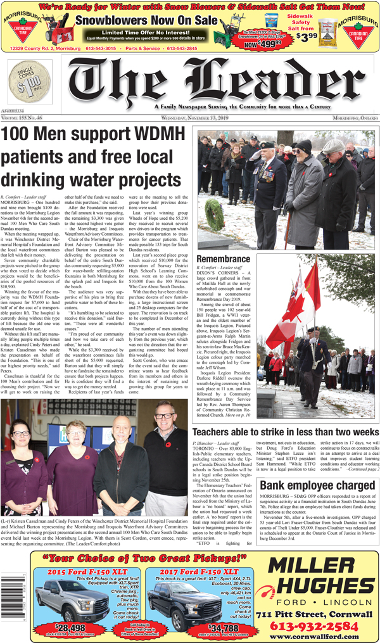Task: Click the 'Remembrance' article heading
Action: pyautogui.click(x=223, y=259)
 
